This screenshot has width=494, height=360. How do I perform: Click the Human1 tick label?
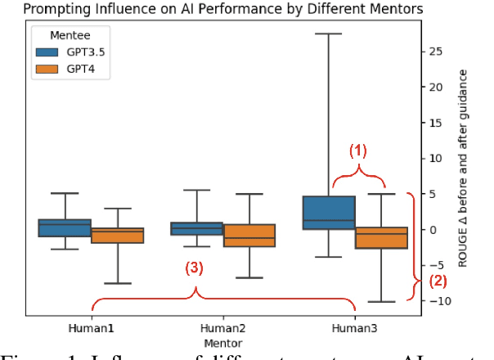coord(92,327)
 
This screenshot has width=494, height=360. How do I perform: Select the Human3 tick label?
coord(355,327)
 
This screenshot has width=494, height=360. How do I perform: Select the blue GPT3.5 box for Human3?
coord(329,213)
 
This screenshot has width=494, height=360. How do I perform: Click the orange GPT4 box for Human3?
coord(381,237)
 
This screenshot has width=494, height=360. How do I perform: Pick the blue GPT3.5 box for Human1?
coord(65,227)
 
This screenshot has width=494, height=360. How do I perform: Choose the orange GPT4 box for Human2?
coord(249,235)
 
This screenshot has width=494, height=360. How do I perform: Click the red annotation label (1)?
coord(359,151)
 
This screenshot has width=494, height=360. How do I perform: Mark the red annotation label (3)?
coord(193,268)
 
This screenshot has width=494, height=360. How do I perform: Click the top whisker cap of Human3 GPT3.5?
coord(329,34)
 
